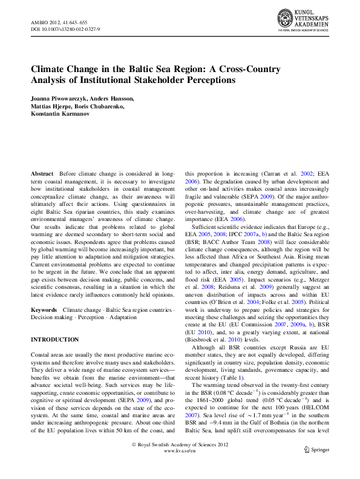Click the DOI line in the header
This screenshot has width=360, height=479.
65,29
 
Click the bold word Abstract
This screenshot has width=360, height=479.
43,173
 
